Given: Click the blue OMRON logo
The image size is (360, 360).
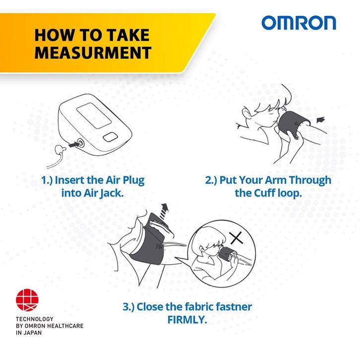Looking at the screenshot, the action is click(299, 23).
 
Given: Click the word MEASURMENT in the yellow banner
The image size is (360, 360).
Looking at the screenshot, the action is click(93, 53).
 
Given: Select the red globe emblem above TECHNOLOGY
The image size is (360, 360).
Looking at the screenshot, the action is click(27, 300).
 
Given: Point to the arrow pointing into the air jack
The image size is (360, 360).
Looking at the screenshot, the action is click(74, 145).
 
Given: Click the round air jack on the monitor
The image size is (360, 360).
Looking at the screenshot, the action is click(81, 143).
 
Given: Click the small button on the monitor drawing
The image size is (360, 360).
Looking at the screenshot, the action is click(111, 137).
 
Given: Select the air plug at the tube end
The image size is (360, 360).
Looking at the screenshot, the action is click(60, 151).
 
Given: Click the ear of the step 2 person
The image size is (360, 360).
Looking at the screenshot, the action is click(246, 112).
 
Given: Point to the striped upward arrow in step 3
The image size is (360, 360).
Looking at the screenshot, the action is click(164, 211).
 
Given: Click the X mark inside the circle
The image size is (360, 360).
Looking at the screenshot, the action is click(236, 238).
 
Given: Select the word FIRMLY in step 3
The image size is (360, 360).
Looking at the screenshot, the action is click(187, 320).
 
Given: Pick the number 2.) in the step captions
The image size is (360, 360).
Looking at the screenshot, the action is click(211, 180).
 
